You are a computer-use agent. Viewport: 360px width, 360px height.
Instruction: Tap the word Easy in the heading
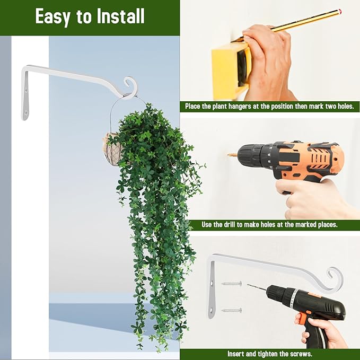(x=52, y=16)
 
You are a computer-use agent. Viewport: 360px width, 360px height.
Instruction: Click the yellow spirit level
(x=229, y=66)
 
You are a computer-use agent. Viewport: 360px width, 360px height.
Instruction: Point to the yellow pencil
(x=297, y=21)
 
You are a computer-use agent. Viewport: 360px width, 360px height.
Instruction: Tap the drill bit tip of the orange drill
(x=231, y=155)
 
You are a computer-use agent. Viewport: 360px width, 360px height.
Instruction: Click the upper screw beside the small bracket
(x=232, y=284)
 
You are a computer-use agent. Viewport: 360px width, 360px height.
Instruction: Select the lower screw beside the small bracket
(x=232, y=310)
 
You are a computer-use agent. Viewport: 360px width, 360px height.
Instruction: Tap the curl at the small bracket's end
(x=335, y=278)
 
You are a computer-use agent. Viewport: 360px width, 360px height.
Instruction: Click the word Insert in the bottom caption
(x=237, y=354)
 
